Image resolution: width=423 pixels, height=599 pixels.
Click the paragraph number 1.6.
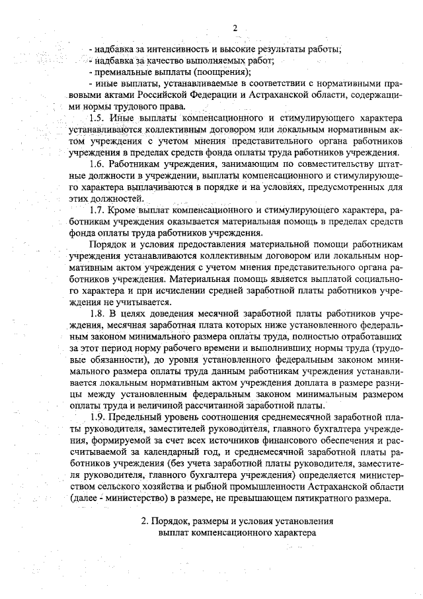98,163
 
